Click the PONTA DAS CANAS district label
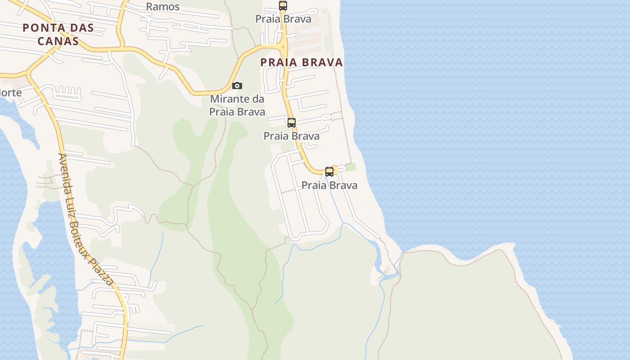pyautogui.click(x=58, y=34)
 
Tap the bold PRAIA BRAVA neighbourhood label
pyautogui.click(x=301, y=63)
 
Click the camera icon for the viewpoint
pyautogui.click(x=237, y=85)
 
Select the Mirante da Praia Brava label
pyautogui.click(x=237, y=105)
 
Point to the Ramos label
pyautogui.click(x=163, y=7)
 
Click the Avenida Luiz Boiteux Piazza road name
pyautogui.click(x=86, y=219)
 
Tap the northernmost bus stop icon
pyautogui.click(x=283, y=5)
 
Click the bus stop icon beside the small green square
pyautogui.click(x=329, y=171)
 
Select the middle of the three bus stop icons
pyautogui.click(x=292, y=122)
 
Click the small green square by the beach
pyautogui.click(x=351, y=167)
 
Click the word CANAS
pyautogui.click(x=58, y=41)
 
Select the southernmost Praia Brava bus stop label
pyautogui.click(x=329, y=185)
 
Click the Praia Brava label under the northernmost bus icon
pyautogui.click(x=283, y=19)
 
